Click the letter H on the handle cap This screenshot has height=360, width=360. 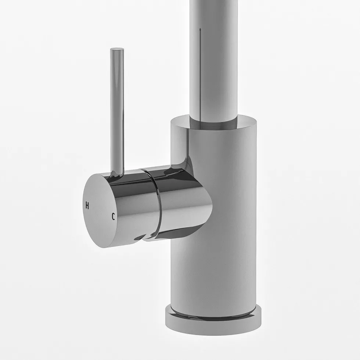(87, 205)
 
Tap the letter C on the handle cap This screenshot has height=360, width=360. (113, 216)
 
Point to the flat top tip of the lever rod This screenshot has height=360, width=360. (117, 49)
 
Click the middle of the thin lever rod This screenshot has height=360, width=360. (117, 110)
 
